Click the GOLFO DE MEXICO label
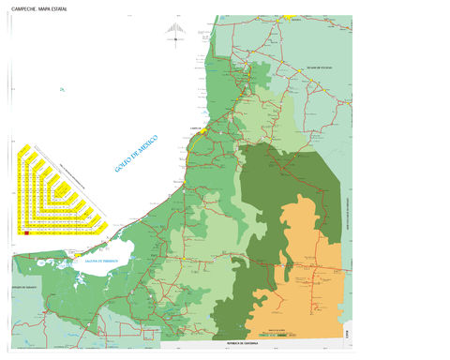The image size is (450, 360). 136,153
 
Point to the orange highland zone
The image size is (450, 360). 314,253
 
